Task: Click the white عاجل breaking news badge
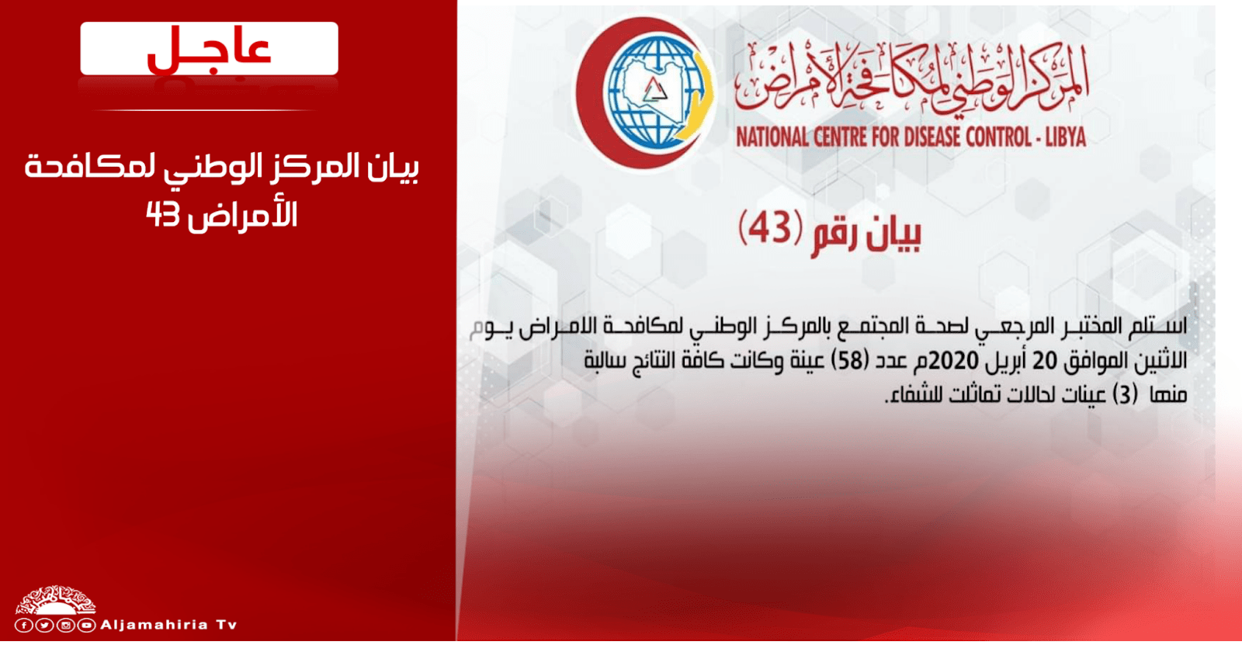(209, 48)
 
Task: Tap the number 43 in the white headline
(163, 214)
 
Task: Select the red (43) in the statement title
(771, 228)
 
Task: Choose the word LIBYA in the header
(1065, 137)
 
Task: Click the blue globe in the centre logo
(657, 92)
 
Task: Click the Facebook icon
(23, 626)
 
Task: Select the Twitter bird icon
(44, 626)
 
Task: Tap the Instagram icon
(65, 626)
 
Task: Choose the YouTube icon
(86, 626)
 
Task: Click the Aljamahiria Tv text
(168, 625)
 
